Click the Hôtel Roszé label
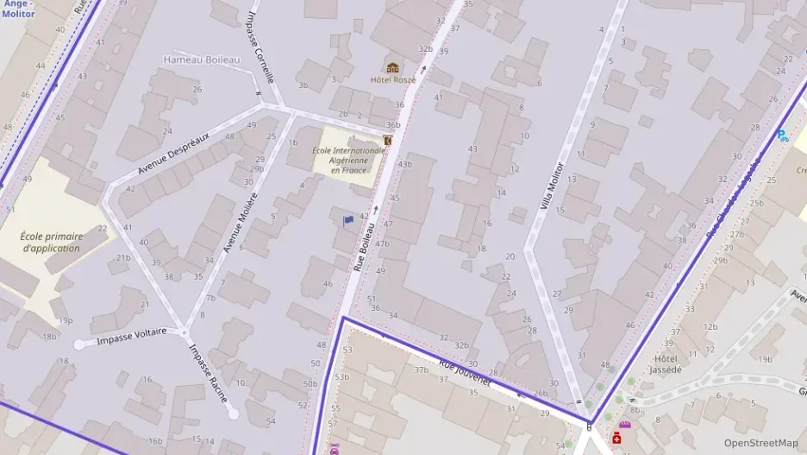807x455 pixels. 393,80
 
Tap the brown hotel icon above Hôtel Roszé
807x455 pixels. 393,67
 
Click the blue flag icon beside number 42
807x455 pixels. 348,220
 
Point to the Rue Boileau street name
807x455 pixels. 365,248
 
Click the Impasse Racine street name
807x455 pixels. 209,373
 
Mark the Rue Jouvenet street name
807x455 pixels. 464,373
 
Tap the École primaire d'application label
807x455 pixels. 52,242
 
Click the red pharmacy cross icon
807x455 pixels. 616,439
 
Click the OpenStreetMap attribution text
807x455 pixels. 760,443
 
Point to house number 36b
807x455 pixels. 393,125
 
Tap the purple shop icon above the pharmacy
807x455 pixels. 623,426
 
